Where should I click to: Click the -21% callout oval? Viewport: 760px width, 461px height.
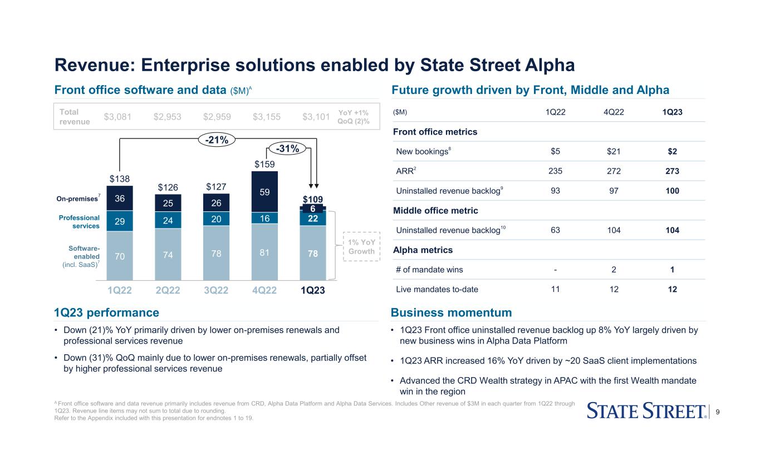[x=216, y=140]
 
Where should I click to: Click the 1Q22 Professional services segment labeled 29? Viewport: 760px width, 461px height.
[x=120, y=221]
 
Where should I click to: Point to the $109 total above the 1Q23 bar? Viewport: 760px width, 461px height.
[x=312, y=199]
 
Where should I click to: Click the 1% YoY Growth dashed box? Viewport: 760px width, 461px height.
[x=361, y=246]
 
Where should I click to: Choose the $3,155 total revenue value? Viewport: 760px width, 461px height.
[x=267, y=116]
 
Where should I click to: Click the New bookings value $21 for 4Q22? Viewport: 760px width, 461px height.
[x=614, y=151]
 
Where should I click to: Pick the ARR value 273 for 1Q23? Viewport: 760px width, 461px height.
[x=671, y=171]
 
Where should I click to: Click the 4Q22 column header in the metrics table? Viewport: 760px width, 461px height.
[x=614, y=112]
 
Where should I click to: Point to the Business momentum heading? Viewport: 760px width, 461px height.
[x=452, y=312]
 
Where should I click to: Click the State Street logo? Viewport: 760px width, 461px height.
[x=648, y=412]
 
